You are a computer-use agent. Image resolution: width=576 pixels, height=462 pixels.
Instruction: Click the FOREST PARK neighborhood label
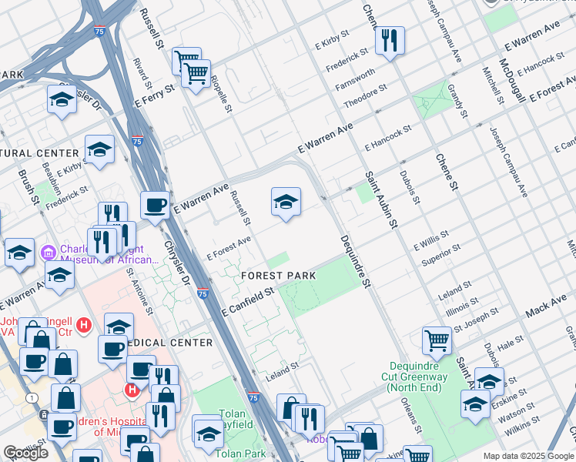point(278,275)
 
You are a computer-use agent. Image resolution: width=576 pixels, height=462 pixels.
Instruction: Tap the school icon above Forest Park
point(286,202)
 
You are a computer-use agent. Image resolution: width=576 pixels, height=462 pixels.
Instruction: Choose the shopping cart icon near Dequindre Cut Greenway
point(437,340)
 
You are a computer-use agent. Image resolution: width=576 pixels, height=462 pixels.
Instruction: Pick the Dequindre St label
point(355,262)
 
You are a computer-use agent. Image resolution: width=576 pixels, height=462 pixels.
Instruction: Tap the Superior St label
point(441,256)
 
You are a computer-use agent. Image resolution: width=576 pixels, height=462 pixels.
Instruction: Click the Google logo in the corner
point(25,453)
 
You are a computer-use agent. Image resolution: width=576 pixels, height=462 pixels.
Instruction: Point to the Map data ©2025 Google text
point(527,456)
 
